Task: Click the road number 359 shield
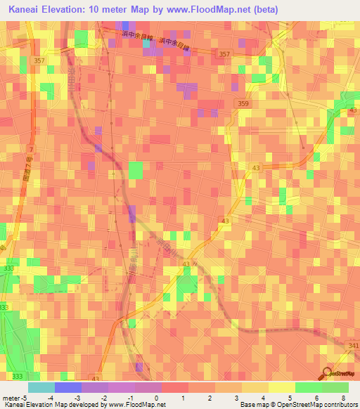pos(243,104)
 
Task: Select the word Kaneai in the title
pos(27,10)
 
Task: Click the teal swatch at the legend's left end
pos(41,388)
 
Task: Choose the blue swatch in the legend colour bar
pos(67,388)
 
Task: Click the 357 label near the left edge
pos(38,61)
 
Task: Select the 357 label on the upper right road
pos(224,54)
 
